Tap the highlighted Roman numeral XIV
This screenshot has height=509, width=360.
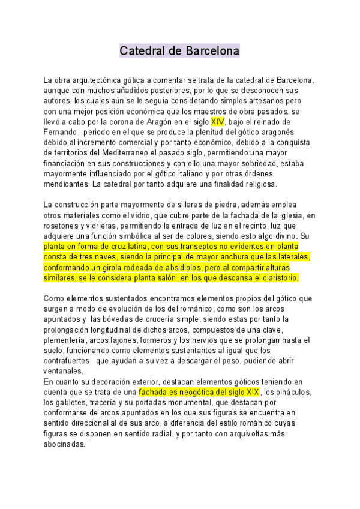217,122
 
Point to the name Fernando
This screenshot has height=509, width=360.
61,132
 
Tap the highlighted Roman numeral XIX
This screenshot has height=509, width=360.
250,392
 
